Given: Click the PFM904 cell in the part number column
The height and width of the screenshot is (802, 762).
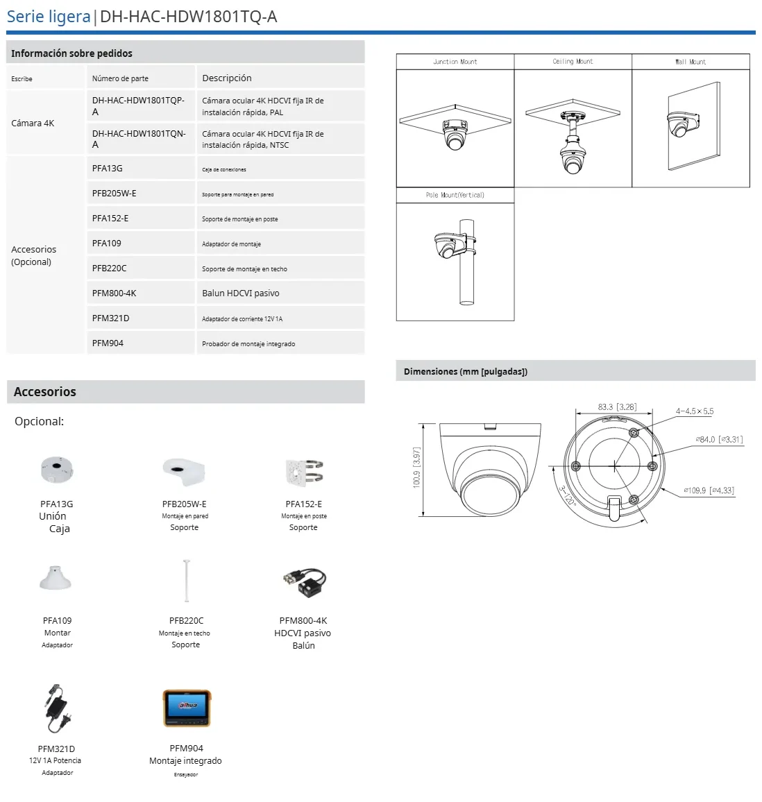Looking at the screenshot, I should (x=108, y=343).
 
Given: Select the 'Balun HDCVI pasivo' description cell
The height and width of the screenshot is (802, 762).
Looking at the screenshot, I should (x=241, y=293).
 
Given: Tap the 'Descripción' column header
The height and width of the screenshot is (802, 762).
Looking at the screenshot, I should (x=227, y=78).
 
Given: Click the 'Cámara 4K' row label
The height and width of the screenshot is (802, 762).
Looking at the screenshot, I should (x=33, y=123).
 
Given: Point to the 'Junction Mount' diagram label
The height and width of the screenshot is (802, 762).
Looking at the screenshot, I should (x=455, y=62).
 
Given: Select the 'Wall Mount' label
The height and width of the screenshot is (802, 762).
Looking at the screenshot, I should (x=691, y=62).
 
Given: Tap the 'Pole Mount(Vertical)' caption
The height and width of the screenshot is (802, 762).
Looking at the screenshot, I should (x=455, y=195).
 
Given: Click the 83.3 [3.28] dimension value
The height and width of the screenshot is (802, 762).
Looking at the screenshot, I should (x=617, y=407).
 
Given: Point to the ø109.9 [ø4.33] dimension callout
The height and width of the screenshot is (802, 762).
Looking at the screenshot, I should (x=709, y=490).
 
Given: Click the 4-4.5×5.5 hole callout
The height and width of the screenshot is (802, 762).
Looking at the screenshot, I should (x=695, y=411).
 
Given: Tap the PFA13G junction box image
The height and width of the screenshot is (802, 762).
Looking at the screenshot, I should (x=57, y=470).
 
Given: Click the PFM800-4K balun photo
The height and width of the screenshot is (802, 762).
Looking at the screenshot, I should (x=304, y=582).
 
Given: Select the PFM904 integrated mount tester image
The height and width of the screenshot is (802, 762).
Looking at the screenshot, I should (x=187, y=708).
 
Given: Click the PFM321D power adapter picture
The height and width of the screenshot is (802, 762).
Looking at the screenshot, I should (x=57, y=708).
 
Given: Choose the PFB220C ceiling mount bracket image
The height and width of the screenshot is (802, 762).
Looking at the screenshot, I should (x=186, y=581).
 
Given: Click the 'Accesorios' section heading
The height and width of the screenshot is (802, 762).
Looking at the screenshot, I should (x=45, y=392).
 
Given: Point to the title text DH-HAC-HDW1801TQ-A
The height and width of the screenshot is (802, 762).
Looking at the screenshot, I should (x=189, y=17).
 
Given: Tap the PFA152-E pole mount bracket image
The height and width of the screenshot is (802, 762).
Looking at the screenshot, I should (x=304, y=472).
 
